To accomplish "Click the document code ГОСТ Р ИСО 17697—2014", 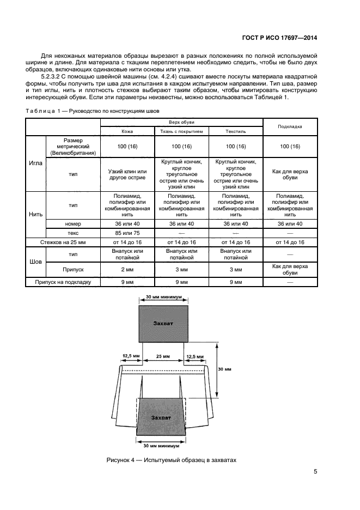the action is tap(279, 38).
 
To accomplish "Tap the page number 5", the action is tap(315, 471).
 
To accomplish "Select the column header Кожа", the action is tap(127, 131).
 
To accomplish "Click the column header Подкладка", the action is tap(290, 126).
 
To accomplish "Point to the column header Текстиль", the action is tap(236, 131).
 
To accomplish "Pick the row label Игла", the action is tap(35, 163).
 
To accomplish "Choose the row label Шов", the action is tap(35, 262).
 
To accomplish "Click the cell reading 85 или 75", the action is tap(127, 233).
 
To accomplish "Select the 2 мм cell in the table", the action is tap(127, 270).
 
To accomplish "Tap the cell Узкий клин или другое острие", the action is tap(127, 174).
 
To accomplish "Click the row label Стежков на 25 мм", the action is tap(63, 242).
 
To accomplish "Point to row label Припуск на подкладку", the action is tap(63, 282).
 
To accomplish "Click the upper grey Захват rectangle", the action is tap(163, 324).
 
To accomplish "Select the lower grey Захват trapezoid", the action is tap(161, 417).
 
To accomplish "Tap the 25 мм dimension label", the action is tap(163, 356).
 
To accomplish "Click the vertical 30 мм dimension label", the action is tap(224, 369).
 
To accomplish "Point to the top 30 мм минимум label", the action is tap(163, 297).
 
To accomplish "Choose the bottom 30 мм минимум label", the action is tap(161, 446).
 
